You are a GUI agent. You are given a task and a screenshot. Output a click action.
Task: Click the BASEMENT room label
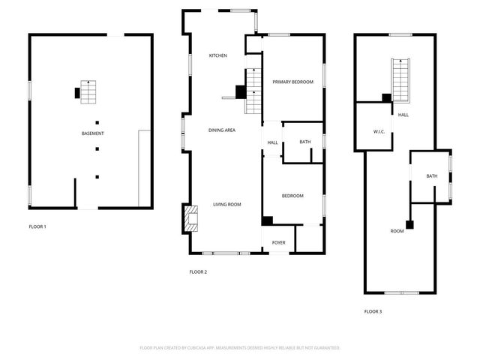point(92,133)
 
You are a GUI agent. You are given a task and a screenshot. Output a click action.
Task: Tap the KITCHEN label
point(217,55)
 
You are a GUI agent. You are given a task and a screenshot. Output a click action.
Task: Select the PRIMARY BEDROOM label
point(292,82)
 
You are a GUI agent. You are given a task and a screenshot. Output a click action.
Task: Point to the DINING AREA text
point(222,130)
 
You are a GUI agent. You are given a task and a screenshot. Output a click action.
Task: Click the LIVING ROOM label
point(226,204)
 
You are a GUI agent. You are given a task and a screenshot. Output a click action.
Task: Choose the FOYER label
point(278,242)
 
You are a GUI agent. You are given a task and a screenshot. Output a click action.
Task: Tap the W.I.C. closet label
point(379,132)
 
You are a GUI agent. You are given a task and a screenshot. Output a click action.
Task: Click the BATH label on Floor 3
point(431,176)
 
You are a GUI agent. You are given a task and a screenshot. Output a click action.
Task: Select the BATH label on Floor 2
point(304,142)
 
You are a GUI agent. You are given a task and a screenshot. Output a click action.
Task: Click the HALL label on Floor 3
point(403,115)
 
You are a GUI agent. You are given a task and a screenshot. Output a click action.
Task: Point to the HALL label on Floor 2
point(272,142)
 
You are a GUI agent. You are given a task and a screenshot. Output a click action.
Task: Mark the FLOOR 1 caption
point(37,226)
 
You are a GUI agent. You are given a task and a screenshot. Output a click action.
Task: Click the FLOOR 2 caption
point(198,271)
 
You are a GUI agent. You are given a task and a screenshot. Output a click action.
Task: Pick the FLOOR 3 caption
point(373,311)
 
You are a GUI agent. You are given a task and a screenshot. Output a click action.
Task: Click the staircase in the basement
point(88,91)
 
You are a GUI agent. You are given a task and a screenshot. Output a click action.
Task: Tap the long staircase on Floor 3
point(401,79)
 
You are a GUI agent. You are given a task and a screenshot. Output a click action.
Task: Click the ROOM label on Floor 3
point(397,231)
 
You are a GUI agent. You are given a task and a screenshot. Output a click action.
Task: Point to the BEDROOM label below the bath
point(292,196)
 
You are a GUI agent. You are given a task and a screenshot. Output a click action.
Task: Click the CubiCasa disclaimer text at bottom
point(240,348)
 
